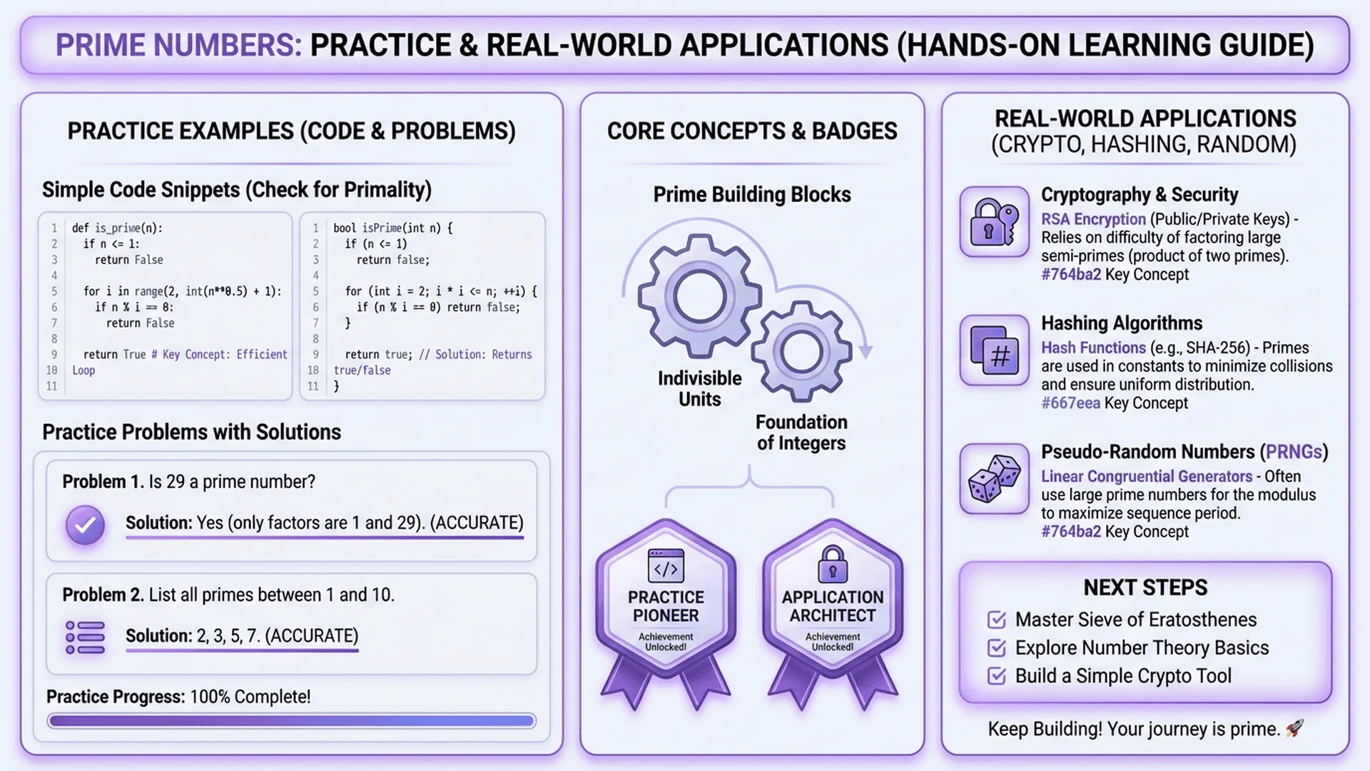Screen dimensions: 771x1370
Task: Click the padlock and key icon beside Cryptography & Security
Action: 994,222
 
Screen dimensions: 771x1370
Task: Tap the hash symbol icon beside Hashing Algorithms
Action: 994,351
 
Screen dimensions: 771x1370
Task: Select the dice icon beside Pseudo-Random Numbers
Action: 994,479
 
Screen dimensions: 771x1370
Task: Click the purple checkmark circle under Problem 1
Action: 85,525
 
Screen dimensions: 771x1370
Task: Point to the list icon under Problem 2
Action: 85,638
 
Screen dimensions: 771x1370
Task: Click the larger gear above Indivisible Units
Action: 699,296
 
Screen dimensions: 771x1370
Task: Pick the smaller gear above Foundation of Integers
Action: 801,351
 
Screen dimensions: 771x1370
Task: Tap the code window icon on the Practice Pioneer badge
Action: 666,567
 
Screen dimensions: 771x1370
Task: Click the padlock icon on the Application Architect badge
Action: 832,564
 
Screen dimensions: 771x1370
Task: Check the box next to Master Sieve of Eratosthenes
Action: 996,620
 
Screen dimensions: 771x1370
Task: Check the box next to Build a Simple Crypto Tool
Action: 996,676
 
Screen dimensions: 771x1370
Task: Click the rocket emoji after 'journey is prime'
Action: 1294,728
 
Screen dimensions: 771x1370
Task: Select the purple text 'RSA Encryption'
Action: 1093,219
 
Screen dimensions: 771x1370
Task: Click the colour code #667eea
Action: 1070,403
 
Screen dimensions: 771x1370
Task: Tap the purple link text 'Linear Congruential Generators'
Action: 1147,476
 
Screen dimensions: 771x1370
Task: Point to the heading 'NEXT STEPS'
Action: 1145,588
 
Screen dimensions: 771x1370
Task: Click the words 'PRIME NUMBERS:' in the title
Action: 178,45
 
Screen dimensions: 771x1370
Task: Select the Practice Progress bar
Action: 291,721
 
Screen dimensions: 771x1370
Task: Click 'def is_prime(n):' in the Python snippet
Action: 117,228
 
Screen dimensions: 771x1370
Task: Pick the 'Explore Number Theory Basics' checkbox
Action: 996,648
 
